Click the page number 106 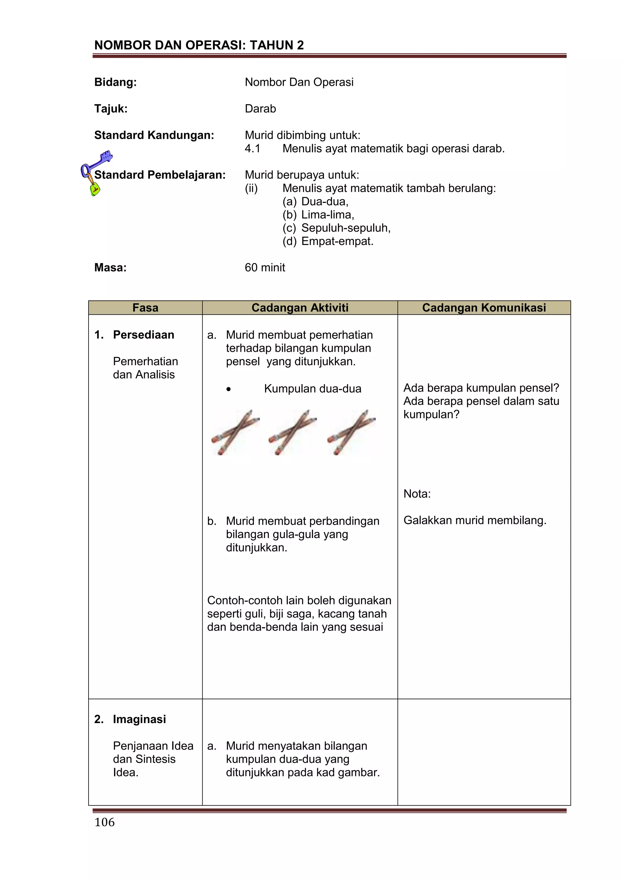pyautogui.click(x=104, y=822)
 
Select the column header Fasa pyautogui.click(x=145, y=308)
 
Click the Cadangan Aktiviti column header pyautogui.click(x=300, y=308)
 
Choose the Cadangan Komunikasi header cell pyautogui.click(x=484, y=308)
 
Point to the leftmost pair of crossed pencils pyautogui.click(x=235, y=432)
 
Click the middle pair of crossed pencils pyautogui.click(x=292, y=432)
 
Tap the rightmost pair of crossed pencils pyautogui.click(x=351, y=432)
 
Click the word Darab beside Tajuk pyautogui.click(x=260, y=109)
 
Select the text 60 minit pyautogui.click(x=265, y=267)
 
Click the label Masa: pyautogui.click(x=110, y=267)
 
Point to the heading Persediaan pyautogui.click(x=144, y=335)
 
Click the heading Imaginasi pyautogui.click(x=139, y=719)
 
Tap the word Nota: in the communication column pyautogui.click(x=417, y=494)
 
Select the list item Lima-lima pyautogui.click(x=327, y=215)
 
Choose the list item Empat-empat pyautogui.click(x=337, y=241)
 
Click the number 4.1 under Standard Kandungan pyautogui.click(x=252, y=149)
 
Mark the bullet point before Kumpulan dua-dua pyautogui.click(x=229, y=390)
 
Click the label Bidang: pyautogui.click(x=116, y=82)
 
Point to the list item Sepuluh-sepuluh pyautogui.click(x=346, y=228)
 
